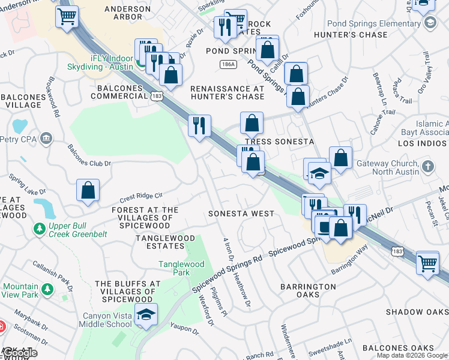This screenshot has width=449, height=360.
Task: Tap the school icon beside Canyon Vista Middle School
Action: pyautogui.click(x=145, y=314)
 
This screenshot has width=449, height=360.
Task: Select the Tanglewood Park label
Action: pyautogui.click(x=182, y=268)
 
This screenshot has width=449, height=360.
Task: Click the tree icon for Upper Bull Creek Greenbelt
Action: pyautogui.click(x=40, y=229)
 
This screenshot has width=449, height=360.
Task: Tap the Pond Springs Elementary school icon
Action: pyautogui.click(x=429, y=23)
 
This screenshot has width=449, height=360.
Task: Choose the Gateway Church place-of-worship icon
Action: pyautogui.click(x=427, y=165)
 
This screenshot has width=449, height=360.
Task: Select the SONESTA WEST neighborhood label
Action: pyautogui.click(x=241, y=214)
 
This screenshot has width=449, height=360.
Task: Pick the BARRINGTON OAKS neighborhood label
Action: pyautogui.click(x=308, y=291)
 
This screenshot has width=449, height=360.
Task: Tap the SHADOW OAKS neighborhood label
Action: pyautogui.click(x=417, y=312)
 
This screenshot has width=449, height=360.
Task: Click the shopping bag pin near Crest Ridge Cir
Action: pyautogui.click(x=88, y=190)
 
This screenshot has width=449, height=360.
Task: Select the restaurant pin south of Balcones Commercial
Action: pyautogui.click(x=199, y=125)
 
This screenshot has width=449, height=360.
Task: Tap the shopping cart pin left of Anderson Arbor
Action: pyautogui.click(x=67, y=16)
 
